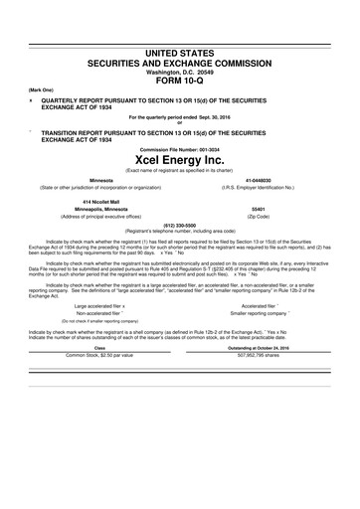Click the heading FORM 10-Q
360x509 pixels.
pos(179,81)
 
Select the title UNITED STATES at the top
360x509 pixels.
pos(179,51)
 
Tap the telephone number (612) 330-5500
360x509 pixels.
pos(179,225)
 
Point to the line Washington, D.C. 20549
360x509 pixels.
pos(179,73)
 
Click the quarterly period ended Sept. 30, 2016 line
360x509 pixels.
pos(179,118)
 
